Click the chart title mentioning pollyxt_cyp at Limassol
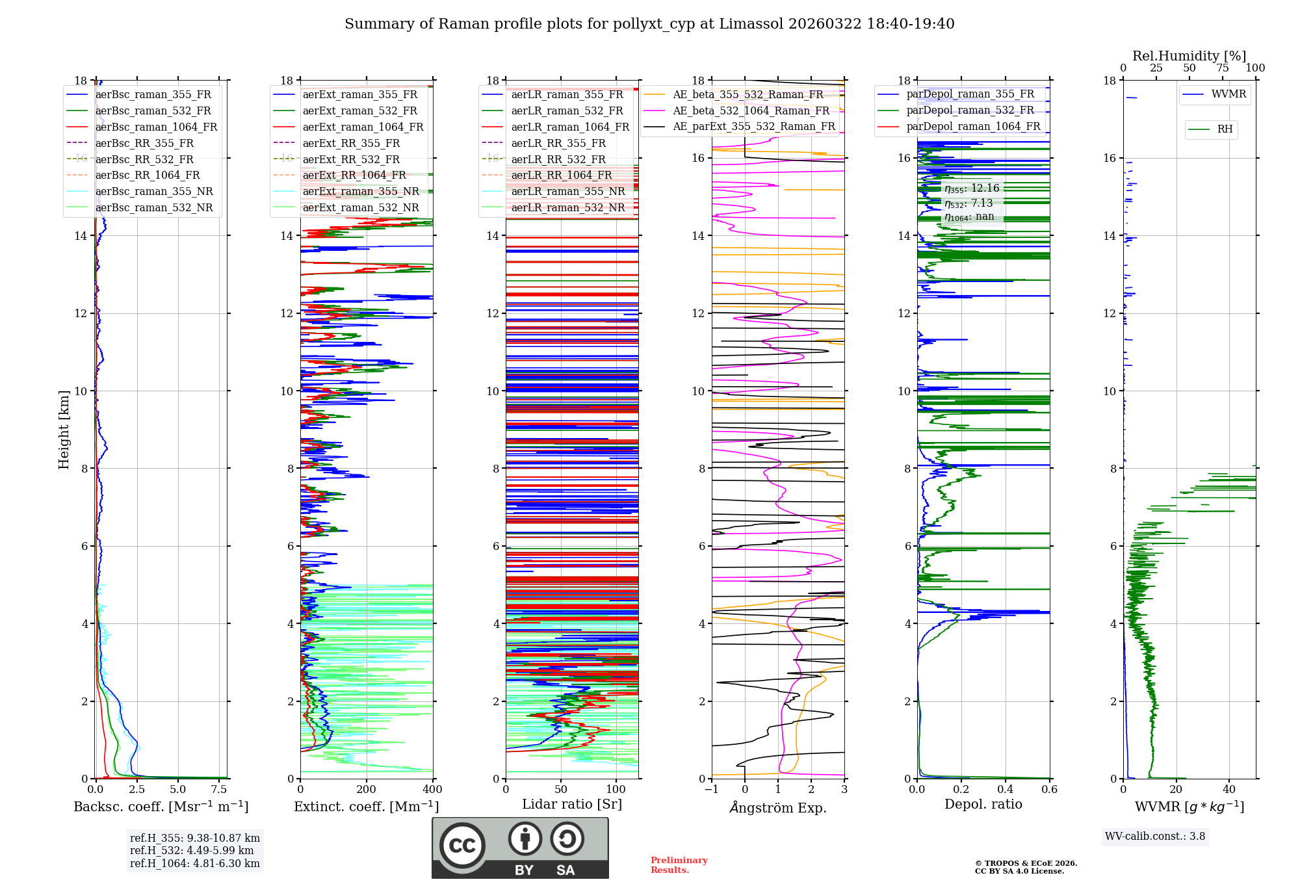(649, 24)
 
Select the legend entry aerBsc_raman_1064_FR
(156, 127)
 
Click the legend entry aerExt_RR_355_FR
(351, 144)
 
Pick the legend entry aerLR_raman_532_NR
(567, 208)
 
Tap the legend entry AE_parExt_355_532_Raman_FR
(753, 127)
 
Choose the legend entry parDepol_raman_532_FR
(970, 110)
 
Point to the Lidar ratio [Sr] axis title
(572, 805)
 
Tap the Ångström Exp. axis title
(778, 808)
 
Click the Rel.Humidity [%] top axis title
(1189, 56)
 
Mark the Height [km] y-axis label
(64, 429)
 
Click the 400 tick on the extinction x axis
(433, 790)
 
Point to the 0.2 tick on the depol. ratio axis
(961, 790)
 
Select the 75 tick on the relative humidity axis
(1223, 68)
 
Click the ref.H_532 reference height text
(192, 851)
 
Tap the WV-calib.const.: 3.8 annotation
(1155, 837)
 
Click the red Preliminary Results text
(679, 865)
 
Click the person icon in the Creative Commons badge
(525, 839)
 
